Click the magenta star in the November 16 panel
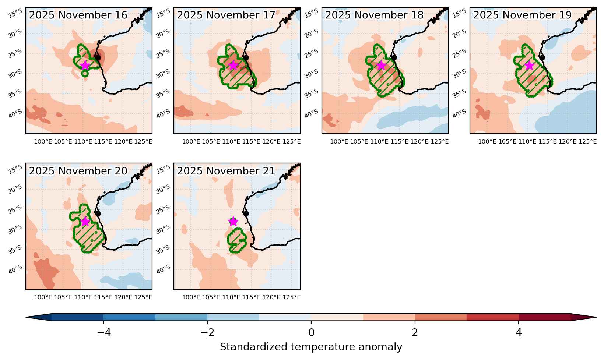(x=85, y=65)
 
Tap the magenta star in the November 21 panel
(x=233, y=222)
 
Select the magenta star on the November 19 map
(x=530, y=65)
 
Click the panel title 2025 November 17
(x=226, y=15)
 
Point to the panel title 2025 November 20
(x=78, y=171)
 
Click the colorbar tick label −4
(x=104, y=332)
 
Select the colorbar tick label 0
(x=311, y=332)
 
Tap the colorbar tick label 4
(x=519, y=332)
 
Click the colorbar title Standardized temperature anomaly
(x=311, y=347)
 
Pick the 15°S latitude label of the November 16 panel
(x=15, y=13)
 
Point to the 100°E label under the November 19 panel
(x=487, y=141)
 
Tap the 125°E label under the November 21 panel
(x=291, y=297)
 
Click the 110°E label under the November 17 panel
(x=231, y=141)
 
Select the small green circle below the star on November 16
(x=85, y=73)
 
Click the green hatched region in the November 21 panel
(x=236, y=240)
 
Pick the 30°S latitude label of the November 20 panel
(x=15, y=229)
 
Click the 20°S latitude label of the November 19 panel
(x=459, y=33)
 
